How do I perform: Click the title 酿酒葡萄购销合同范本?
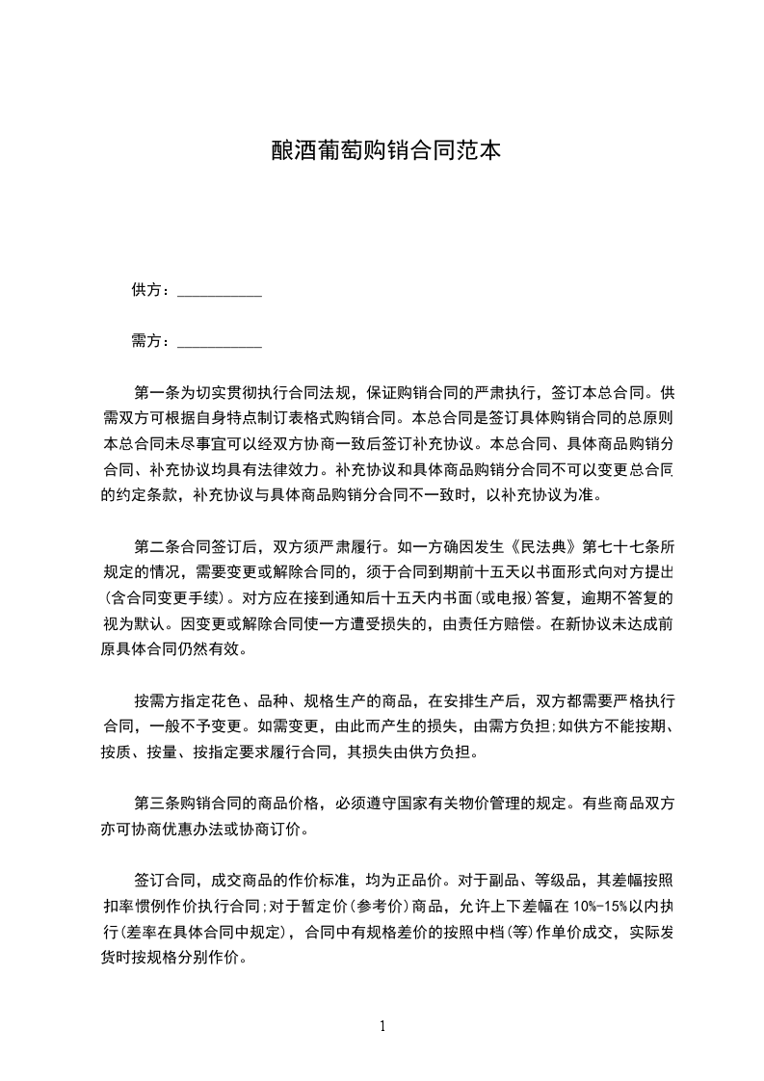(382, 152)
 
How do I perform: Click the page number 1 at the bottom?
(382, 1026)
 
